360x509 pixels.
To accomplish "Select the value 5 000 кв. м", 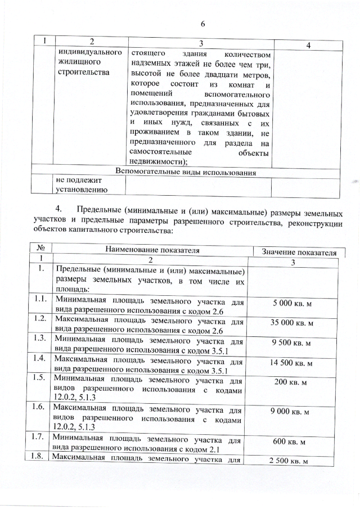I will click(293, 304).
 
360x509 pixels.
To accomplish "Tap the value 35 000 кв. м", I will click(293, 323).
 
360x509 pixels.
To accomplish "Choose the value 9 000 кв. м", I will click(293, 412).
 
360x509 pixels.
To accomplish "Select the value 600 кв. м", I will click(293, 442).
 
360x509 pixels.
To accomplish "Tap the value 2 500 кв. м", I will click(293, 462).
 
